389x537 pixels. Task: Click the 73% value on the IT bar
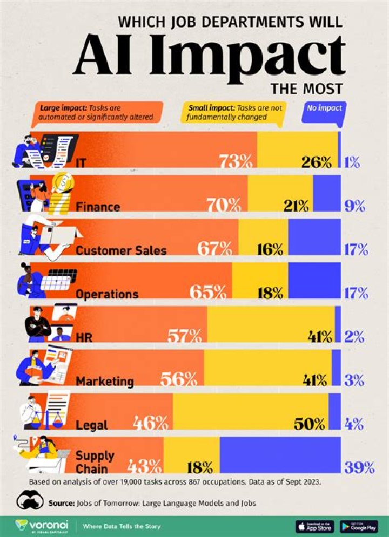236,161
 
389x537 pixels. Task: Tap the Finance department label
98,206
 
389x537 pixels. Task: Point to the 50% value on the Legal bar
310,424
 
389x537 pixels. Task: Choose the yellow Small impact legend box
235,112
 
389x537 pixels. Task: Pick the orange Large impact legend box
95,112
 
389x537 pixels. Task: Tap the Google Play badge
359,525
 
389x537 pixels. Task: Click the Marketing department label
105,381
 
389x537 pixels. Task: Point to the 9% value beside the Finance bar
354,206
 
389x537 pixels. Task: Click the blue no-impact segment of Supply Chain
280,456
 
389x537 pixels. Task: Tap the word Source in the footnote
60,503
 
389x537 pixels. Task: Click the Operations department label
107,294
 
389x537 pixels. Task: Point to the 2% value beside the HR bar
354,337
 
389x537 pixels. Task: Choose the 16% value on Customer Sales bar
270,249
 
